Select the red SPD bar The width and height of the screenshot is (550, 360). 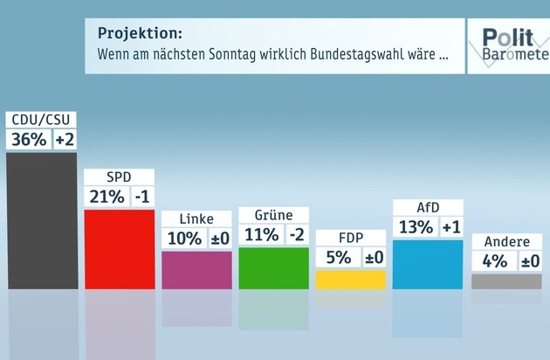click(119, 249)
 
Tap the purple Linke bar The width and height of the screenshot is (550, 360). click(196, 269)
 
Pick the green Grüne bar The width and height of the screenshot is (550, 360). click(273, 267)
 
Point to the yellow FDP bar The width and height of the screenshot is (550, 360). click(350, 279)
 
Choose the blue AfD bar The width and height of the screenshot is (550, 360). click(428, 264)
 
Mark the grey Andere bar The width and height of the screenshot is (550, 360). click(505, 280)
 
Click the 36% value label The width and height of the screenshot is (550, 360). click(29, 139)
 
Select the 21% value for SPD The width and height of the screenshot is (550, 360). click(106, 197)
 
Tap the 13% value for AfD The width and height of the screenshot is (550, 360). click(415, 227)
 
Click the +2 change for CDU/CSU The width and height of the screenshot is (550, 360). click(65, 139)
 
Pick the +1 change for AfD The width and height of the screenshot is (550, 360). click(450, 227)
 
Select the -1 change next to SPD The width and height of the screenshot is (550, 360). click(142, 197)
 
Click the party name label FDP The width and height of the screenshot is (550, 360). click(350, 239)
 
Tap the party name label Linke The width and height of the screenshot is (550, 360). click(196, 218)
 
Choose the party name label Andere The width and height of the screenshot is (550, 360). click(505, 242)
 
